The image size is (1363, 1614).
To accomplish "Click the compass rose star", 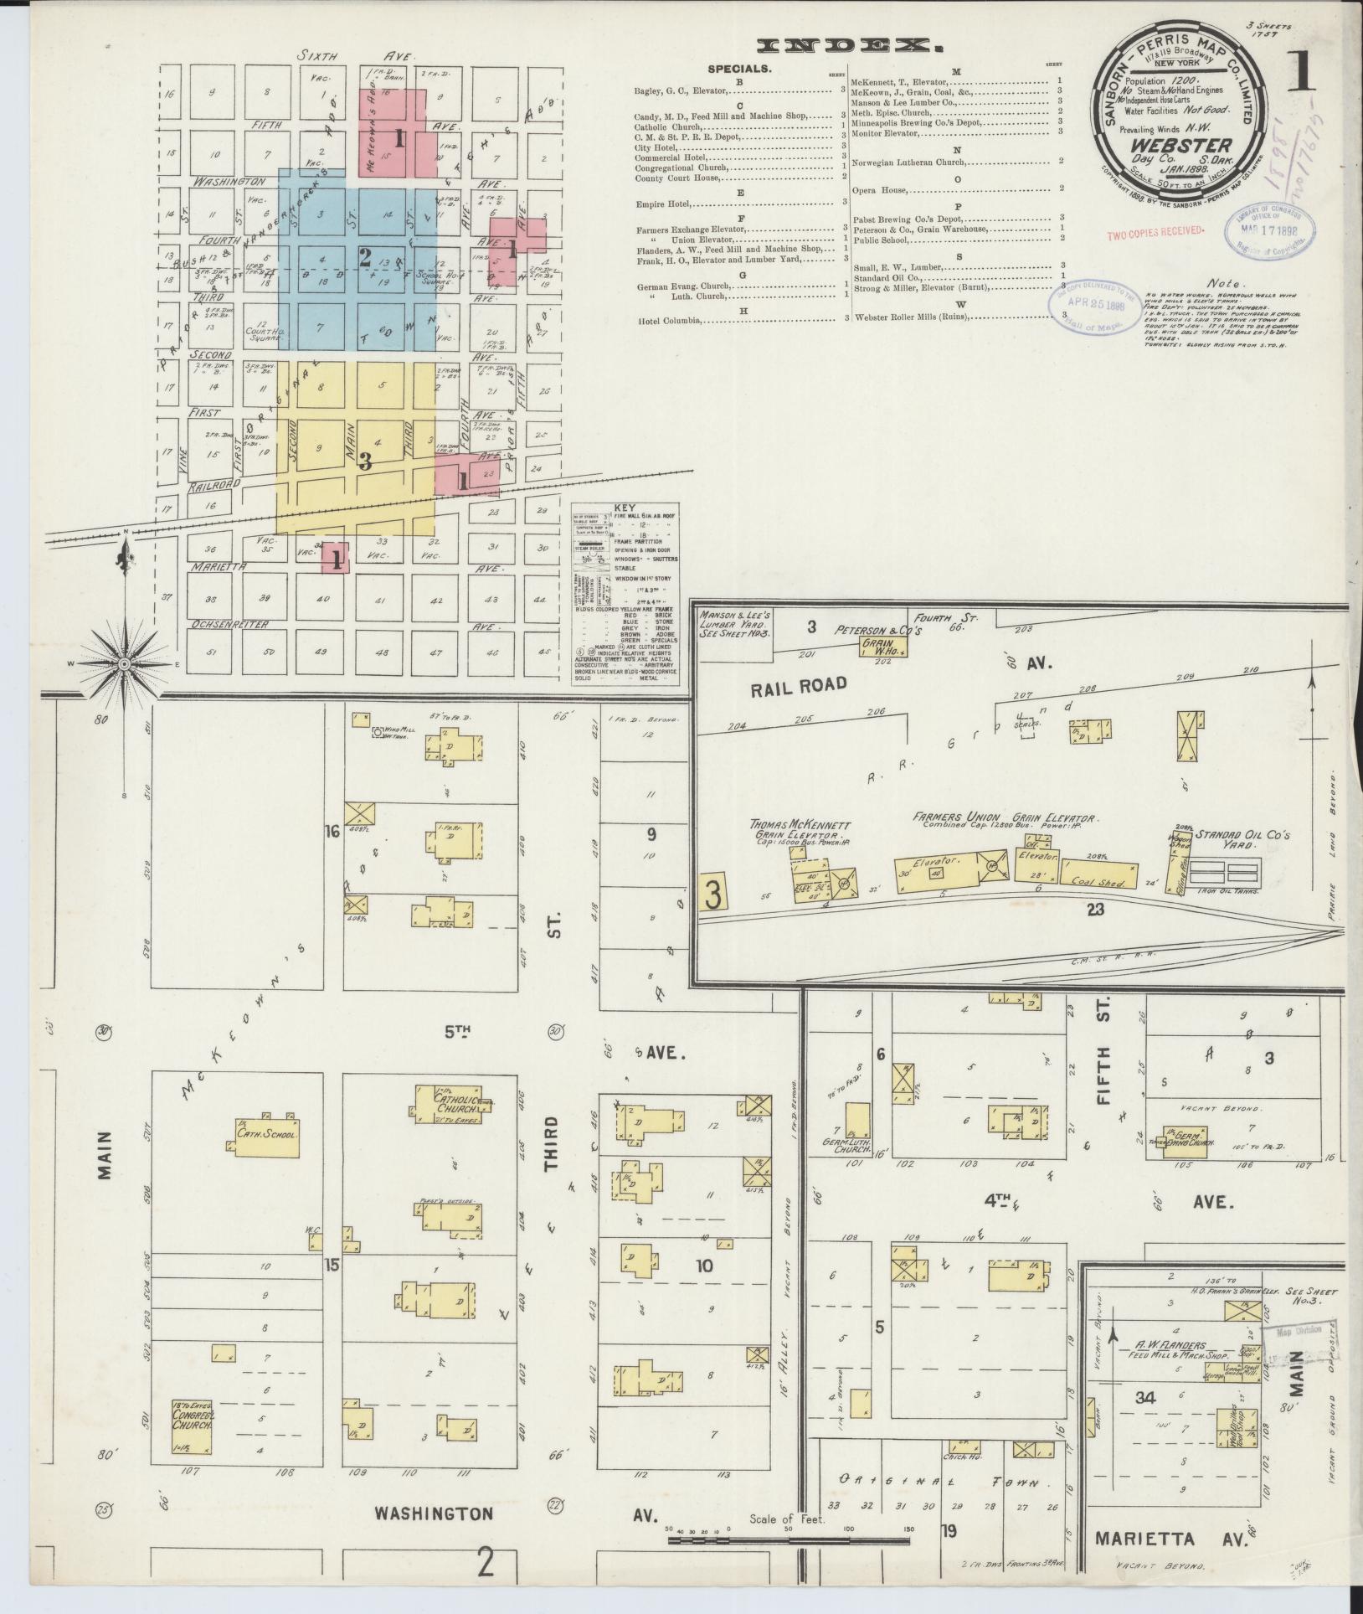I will click(124, 663).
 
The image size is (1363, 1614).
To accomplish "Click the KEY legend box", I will click(625, 594).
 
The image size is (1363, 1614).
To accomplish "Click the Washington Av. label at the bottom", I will click(433, 1513).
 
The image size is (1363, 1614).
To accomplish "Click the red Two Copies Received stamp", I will click(1155, 229).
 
